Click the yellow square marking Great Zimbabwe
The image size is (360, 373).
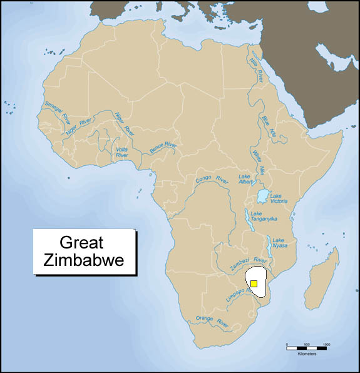pos(254,284)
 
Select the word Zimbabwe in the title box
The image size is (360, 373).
pos(84,260)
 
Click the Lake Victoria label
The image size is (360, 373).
pos(279,198)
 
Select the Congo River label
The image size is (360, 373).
pos(212,180)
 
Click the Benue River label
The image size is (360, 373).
pos(163,148)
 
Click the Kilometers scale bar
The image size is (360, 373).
pos(307,346)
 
